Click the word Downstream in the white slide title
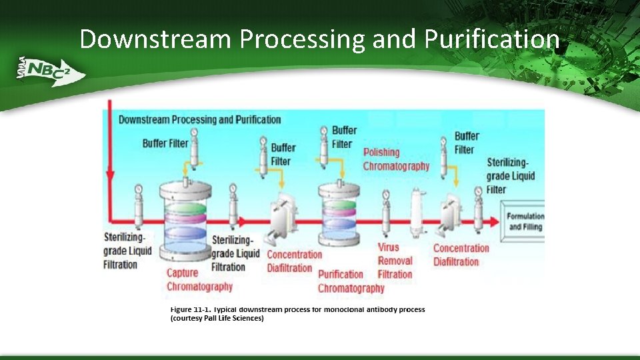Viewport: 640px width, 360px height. [x=156, y=39]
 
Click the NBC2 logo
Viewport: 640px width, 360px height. [x=51, y=70]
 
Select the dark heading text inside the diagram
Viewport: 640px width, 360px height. [x=199, y=120]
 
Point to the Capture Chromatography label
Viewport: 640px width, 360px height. [x=199, y=279]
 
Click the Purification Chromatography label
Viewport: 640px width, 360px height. [x=351, y=281]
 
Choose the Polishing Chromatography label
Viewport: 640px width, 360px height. [x=396, y=159]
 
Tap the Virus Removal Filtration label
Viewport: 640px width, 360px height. [x=395, y=261]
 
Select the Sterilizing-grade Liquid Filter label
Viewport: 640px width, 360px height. [x=511, y=176]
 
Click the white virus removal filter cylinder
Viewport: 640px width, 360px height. [x=418, y=211]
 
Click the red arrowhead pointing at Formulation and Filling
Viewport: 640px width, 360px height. [x=494, y=221]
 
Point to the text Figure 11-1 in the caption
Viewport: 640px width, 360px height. [x=190, y=309]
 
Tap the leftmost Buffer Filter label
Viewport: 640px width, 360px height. [x=165, y=143]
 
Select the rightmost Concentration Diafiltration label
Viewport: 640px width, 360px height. [x=461, y=255]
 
